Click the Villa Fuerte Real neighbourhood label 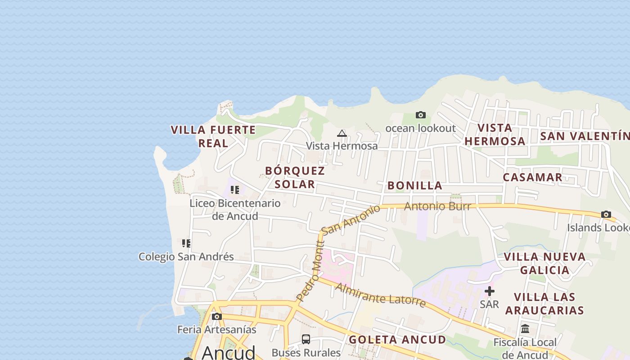pos(213,136)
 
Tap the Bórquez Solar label pos(295,177)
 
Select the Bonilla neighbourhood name pos(415,185)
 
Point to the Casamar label pos(532,177)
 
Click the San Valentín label pos(584,136)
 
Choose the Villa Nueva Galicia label pos(544,263)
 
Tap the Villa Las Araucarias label pos(544,303)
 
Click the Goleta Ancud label pos(397,339)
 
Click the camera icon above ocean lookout pos(421,115)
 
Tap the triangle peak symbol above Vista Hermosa pos(342,133)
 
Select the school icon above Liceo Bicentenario pos(235,190)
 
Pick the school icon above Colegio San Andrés pos(186,243)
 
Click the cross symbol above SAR pos(490,291)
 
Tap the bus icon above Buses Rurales pos(306,339)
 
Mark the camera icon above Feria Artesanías pos(217,316)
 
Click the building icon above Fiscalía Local pos(525,329)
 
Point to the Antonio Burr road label pos(437,207)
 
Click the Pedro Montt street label pos(309,279)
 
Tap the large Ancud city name pos(229,352)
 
